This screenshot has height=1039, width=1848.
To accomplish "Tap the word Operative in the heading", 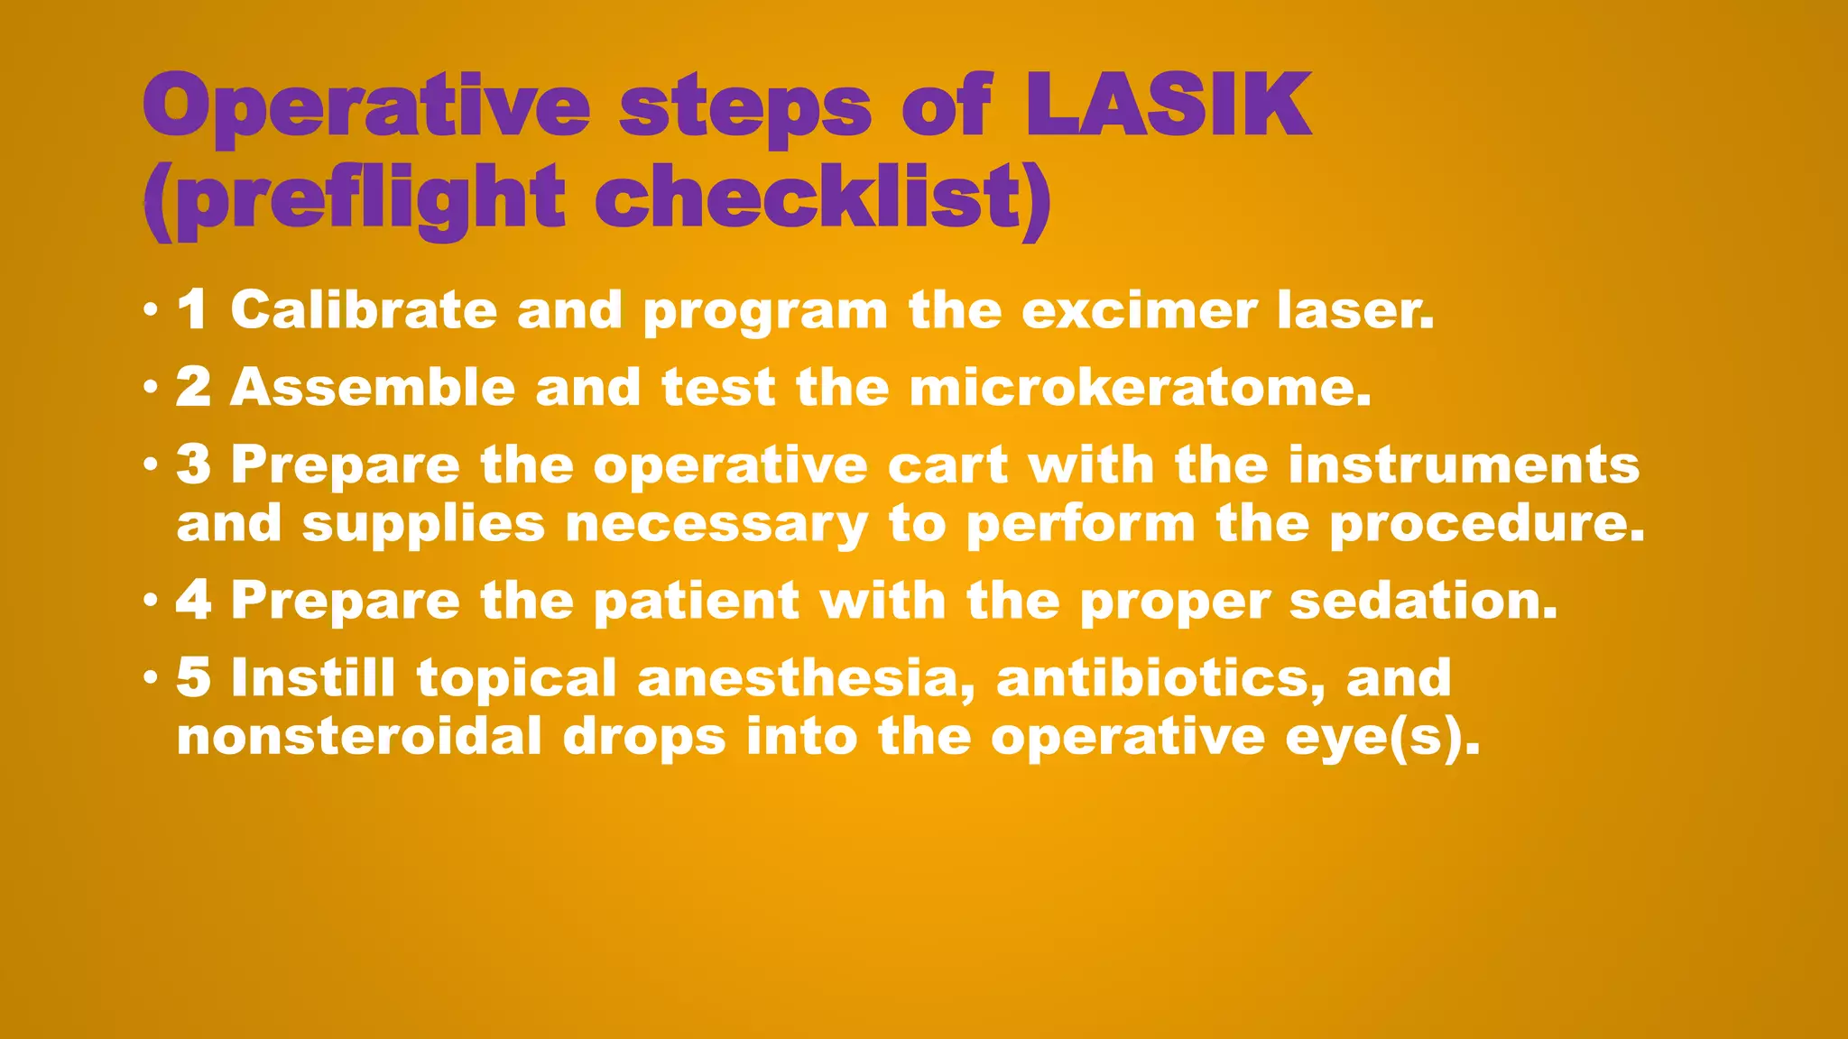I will coord(365,106).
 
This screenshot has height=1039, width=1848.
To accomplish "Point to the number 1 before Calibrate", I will coord(192,310).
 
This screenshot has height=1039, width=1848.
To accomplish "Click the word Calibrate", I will coord(363,310).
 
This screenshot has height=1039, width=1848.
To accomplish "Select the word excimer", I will coord(1139,310).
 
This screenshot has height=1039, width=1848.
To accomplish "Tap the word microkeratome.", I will coord(1139,388).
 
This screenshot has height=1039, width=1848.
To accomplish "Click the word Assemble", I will coord(372,388).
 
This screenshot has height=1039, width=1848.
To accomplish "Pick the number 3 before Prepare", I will coord(193,465).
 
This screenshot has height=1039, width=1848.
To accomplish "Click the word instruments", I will coord(1463,465).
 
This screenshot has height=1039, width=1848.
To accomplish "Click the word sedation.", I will coord(1423,601).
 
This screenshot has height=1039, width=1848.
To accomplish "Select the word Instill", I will coord(312,678).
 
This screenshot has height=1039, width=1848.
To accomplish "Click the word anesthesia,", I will coord(806,678).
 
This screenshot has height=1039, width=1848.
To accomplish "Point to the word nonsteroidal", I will coord(358,737).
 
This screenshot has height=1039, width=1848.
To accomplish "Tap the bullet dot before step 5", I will coord(151,677).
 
